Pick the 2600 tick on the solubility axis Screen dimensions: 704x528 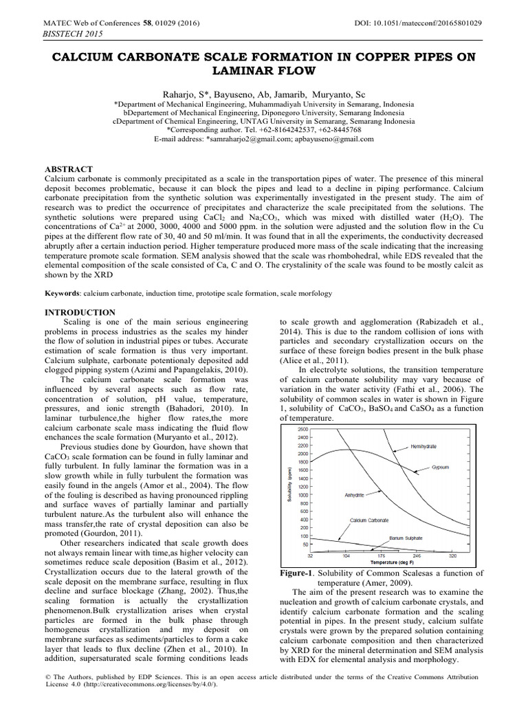pos(302,429)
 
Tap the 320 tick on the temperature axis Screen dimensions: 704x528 pos(452,555)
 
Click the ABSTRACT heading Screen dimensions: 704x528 pos(68,169)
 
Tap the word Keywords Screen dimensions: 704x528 pos(61,294)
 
